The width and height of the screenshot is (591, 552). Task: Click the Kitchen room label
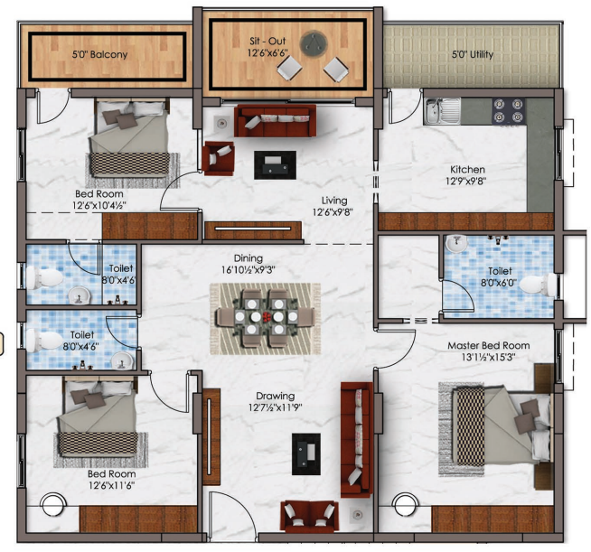[x=467, y=170]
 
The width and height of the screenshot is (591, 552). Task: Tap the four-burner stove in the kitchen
[x=509, y=111]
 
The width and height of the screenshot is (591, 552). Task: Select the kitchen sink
[x=442, y=111]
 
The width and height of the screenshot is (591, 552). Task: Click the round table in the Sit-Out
[x=314, y=44]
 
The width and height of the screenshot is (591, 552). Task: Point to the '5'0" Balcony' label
[x=100, y=54]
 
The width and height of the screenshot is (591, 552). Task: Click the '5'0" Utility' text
[x=473, y=54]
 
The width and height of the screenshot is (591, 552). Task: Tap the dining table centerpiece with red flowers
[x=267, y=316]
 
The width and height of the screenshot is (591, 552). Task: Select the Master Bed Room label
[x=489, y=345]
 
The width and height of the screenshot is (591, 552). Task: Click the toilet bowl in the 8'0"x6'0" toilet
[x=538, y=284]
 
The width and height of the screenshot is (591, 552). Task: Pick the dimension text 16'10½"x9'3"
[x=248, y=270]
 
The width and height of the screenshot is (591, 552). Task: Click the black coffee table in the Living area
[x=275, y=165]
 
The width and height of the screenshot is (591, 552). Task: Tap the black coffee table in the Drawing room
[x=306, y=454]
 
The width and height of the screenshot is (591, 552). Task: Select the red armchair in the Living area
[x=218, y=158]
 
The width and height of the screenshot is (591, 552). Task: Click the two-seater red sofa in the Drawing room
[x=309, y=517]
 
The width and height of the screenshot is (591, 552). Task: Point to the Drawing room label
[x=275, y=396]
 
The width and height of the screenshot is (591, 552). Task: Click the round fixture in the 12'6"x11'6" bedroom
[x=53, y=505]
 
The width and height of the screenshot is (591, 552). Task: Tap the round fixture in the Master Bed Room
[x=405, y=504]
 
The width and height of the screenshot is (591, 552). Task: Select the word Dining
[x=248, y=258]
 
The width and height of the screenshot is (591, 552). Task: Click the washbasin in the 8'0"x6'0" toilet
[x=456, y=243]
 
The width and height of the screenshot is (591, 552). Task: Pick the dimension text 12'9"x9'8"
[x=466, y=182]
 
